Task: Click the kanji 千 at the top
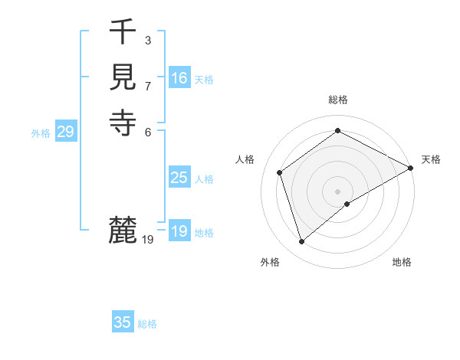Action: [123, 32]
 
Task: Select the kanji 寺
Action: [123, 122]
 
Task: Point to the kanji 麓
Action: [123, 229]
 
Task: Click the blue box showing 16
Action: [179, 78]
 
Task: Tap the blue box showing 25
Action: [179, 178]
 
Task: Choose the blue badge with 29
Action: [66, 132]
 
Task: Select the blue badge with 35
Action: [123, 322]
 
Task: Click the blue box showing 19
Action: [179, 231]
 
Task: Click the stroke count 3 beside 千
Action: [147, 40]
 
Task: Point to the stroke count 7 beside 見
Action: [147, 85]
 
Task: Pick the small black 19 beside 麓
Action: [148, 240]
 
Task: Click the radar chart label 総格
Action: [337, 100]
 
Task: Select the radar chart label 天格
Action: [431, 159]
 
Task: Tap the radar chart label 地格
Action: [402, 262]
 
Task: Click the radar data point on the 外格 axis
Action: [302, 242]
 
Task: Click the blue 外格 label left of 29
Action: [41, 133]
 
